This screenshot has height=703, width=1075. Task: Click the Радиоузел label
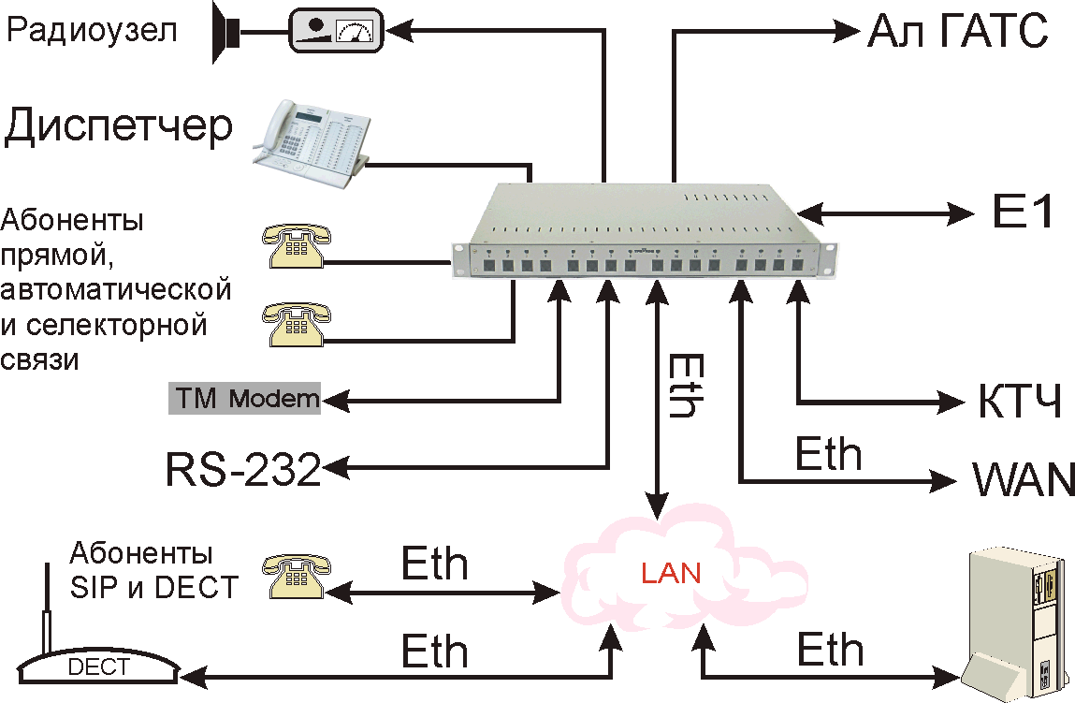tap(92, 32)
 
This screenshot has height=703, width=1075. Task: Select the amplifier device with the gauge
tap(336, 30)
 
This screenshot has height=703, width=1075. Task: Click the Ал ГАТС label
tap(955, 32)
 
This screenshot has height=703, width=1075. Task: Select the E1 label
tap(1022, 213)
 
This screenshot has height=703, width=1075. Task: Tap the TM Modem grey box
tap(244, 399)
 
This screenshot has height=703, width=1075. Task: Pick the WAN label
tap(1023, 480)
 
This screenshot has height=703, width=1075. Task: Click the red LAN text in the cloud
tap(670, 572)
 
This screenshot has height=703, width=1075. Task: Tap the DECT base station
tap(99, 666)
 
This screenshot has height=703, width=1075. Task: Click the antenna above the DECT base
tap(45, 608)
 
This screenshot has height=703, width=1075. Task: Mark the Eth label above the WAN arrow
tap(828, 453)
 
